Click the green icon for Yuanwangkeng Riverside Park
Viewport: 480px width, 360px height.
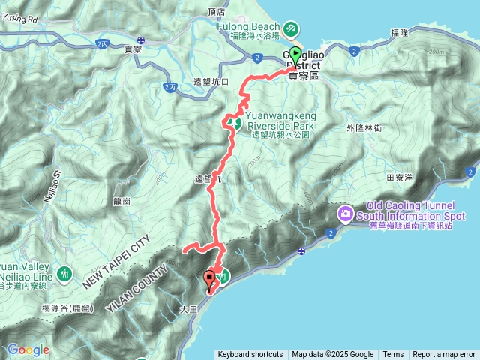pos(235,122)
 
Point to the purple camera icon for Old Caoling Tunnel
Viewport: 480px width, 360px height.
pos(345,214)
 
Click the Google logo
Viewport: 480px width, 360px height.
pos(28,349)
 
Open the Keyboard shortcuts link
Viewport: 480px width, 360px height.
pos(250,355)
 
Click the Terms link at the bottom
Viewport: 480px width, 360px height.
pos(393,355)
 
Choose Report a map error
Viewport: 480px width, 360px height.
pos(444,355)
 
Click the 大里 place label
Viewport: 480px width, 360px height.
pos(187,307)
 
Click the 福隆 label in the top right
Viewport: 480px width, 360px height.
pos(399,33)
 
